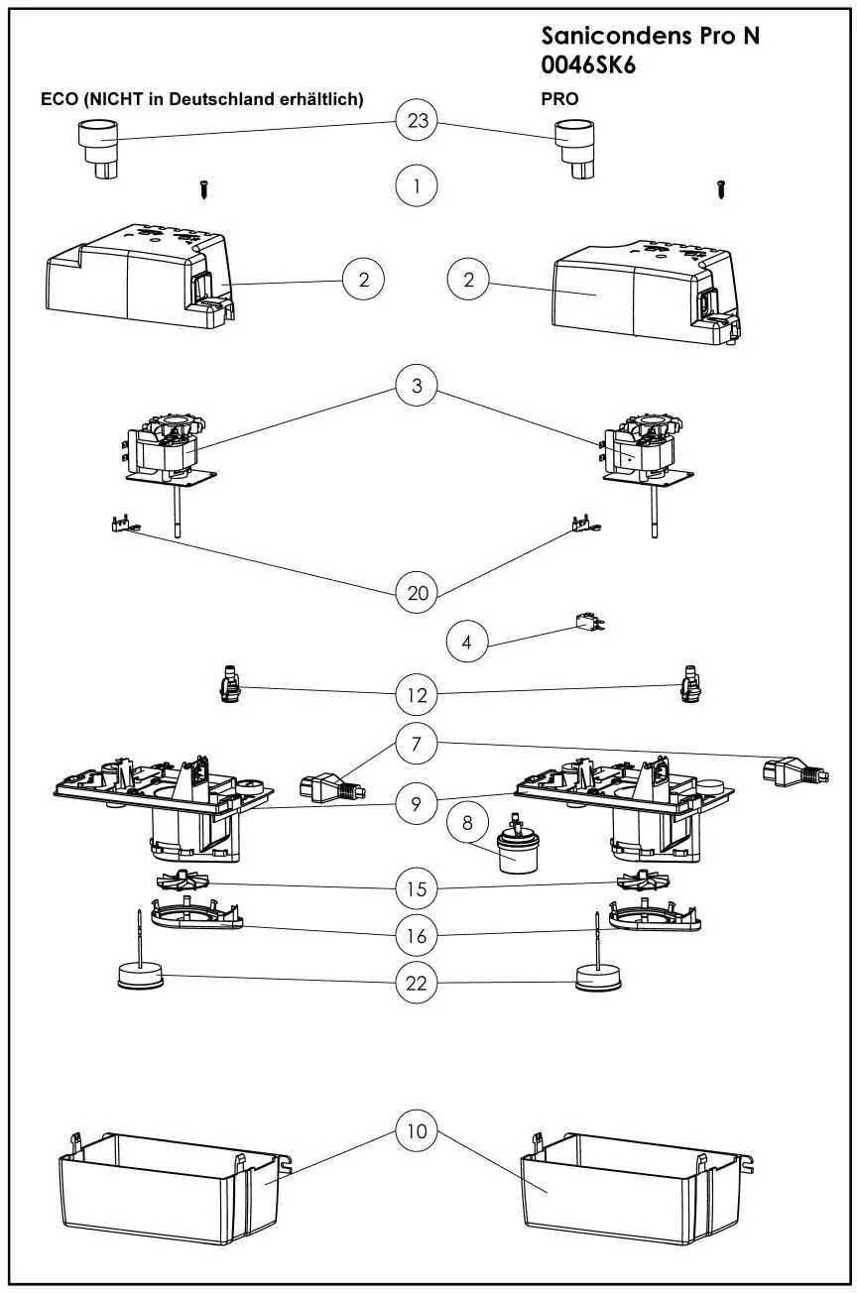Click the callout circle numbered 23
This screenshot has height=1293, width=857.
(x=417, y=122)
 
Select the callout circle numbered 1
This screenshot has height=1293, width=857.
(x=417, y=185)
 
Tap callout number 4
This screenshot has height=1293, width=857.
(x=468, y=643)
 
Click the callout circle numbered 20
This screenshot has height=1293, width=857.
(x=417, y=593)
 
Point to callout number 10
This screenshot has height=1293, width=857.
(x=417, y=1131)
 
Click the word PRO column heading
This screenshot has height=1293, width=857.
(x=559, y=99)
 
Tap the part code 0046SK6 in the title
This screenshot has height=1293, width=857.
(x=588, y=64)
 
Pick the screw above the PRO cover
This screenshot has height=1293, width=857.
(x=719, y=189)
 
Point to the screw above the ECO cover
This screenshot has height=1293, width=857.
(x=203, y=187)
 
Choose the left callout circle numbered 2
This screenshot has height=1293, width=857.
(x=364, y=280)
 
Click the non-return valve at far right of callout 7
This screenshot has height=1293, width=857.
(x=795, y=770)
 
